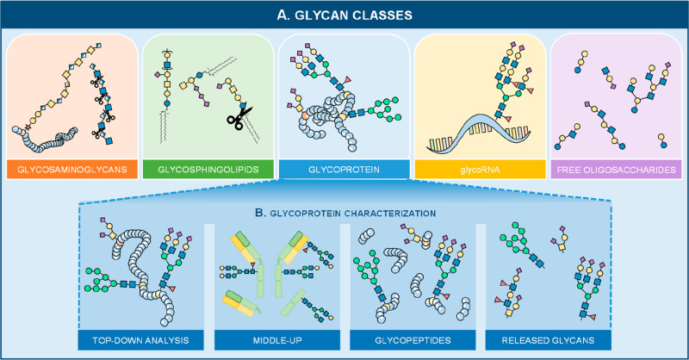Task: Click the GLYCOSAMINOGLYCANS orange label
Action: coord(72,170)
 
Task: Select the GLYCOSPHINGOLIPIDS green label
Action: coord(208,170)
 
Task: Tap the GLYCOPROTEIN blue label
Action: coord(344,170)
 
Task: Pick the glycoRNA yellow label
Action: coord(481,170)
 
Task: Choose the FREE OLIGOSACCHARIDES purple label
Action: coord(616,170)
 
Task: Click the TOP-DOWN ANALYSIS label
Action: coord(140,340)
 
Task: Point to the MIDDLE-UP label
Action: coord(277,340)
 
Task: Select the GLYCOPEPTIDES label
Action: coord(413,340)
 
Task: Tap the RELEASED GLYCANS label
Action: coord(548,340)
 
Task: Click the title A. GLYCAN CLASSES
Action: coord(344,16)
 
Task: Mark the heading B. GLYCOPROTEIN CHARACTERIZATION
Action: coord(345,214)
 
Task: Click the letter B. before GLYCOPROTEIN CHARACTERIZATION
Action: coord(261,213)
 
